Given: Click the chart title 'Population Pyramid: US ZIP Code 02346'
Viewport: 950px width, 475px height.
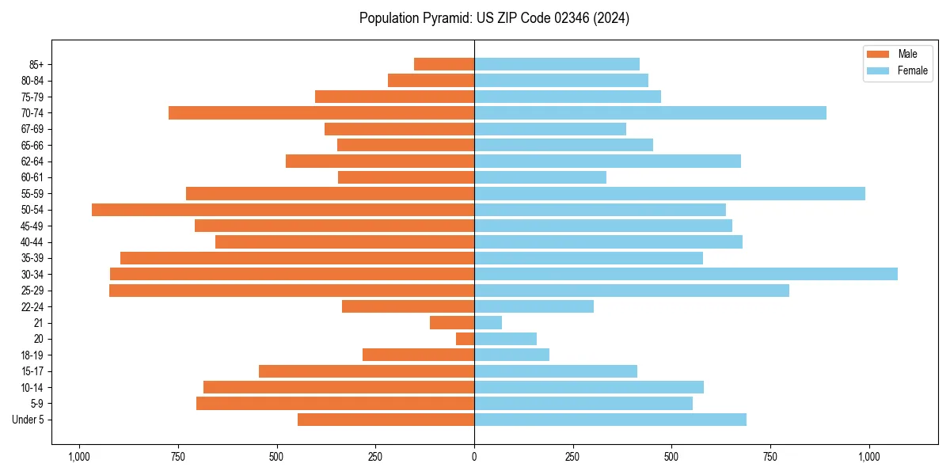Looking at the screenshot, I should click(x=494, y=18).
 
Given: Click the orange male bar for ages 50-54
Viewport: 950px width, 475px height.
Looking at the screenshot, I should click(x=283, y=210).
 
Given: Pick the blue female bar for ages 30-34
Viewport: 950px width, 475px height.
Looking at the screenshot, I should click(x=686, y=274).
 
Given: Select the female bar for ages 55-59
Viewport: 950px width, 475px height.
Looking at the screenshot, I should click(x=669, y=193).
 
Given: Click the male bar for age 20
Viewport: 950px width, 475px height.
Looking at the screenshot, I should click(x=465, y=339).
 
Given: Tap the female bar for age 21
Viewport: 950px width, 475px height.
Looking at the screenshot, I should click(x=488, y=323).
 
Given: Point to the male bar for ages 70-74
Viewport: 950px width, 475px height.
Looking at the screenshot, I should click(x=321, y=112).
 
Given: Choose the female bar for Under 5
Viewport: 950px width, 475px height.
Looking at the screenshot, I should click(x=610, y=420).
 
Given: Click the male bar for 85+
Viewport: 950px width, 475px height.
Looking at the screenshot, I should click(x=444, y=64).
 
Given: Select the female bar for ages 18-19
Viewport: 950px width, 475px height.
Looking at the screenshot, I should click(x=511, y=355).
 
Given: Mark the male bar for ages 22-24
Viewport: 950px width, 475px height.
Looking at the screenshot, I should click(x=408, y=306).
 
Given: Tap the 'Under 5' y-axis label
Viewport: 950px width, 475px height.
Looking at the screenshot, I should click(x=28, y=420).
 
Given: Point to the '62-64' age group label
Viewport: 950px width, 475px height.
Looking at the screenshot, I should click(x=32, y=161).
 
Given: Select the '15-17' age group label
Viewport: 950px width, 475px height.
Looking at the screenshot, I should click(x=32, y=371).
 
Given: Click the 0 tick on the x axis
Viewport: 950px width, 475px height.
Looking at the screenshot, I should click(x=474, y=457).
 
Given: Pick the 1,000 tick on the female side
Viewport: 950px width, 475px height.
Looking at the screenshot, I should click(x=869, y=457).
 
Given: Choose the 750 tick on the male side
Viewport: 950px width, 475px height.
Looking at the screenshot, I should click(x=177, y=457).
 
